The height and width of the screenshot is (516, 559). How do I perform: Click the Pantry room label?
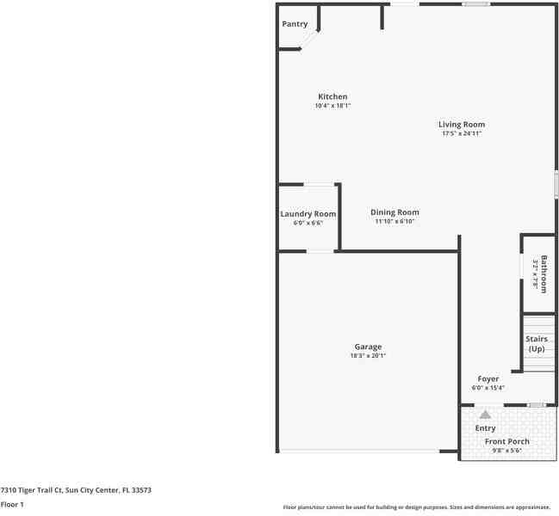click(x=295, y=24)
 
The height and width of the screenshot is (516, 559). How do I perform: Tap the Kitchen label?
click(x=332, y=96)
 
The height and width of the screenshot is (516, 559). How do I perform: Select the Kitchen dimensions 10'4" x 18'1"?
click(x=332, y=106)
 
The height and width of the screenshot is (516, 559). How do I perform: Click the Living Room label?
click(x=462, y=124)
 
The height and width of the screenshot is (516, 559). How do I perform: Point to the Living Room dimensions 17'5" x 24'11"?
click(x=462, y=133)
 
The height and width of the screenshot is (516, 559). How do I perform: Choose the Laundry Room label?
click(x=307, y=214)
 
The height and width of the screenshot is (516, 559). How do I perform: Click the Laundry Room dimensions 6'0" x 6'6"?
click(x=307, y=224)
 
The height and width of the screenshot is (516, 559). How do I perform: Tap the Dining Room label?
click(x=394, y=212)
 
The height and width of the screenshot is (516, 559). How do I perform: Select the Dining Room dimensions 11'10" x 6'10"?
click(x=394, y=222)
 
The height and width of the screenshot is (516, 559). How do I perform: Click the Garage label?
click(x=368, y=347)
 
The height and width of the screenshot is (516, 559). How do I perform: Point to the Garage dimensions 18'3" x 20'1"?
click(x=368, y=356)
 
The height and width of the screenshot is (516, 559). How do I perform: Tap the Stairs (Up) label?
click(x=537, y=344)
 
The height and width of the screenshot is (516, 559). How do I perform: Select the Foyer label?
click(x=488, y=378)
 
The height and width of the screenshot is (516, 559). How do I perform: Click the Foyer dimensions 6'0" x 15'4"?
click(x=488, y=388)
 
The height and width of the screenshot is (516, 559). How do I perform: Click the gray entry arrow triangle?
click(x=485, y=415)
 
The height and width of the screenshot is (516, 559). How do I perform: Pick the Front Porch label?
click(x=506, y=441)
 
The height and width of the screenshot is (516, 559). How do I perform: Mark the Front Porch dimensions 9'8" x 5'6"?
click(x=506, y=451)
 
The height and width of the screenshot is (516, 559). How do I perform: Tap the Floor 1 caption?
click(x=12, y=506)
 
